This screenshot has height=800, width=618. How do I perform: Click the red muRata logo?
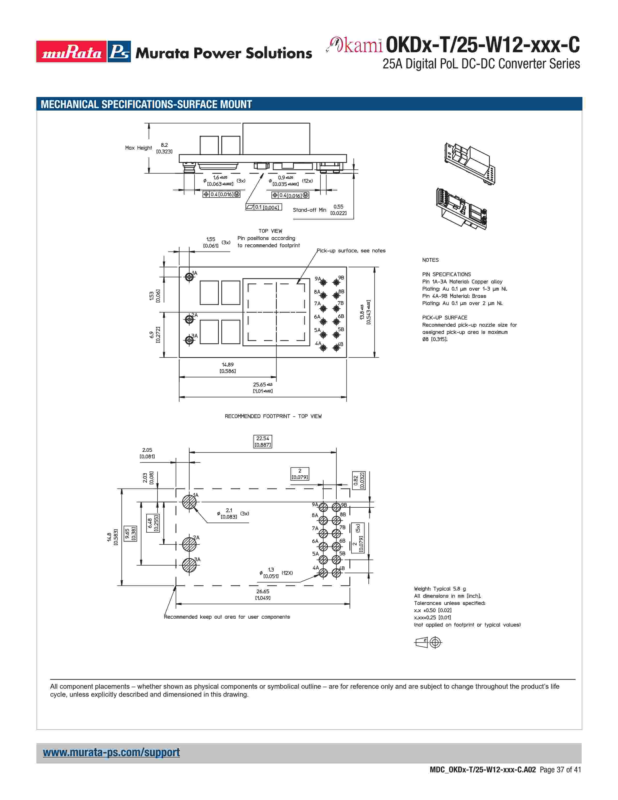(x=71, y=52)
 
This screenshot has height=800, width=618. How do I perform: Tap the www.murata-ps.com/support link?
(x=111, y=752)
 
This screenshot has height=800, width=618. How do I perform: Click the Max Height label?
(x=138, y=148)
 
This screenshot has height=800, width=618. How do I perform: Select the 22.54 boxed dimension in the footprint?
(x=262, y=441)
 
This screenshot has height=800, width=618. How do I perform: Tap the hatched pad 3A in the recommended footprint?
(x=189, y=565)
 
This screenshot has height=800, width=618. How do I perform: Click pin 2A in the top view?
(x=189, y=320)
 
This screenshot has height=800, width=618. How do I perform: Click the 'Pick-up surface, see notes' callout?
(x=351, y=251)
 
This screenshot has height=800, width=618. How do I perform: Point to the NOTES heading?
(x=430, y=260)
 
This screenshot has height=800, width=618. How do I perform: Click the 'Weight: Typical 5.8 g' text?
(x=440, y=589)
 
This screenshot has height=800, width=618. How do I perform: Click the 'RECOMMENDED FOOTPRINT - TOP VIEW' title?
(x=273, y=416)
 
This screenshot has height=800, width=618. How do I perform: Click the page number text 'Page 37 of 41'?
(x=560, y=770)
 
